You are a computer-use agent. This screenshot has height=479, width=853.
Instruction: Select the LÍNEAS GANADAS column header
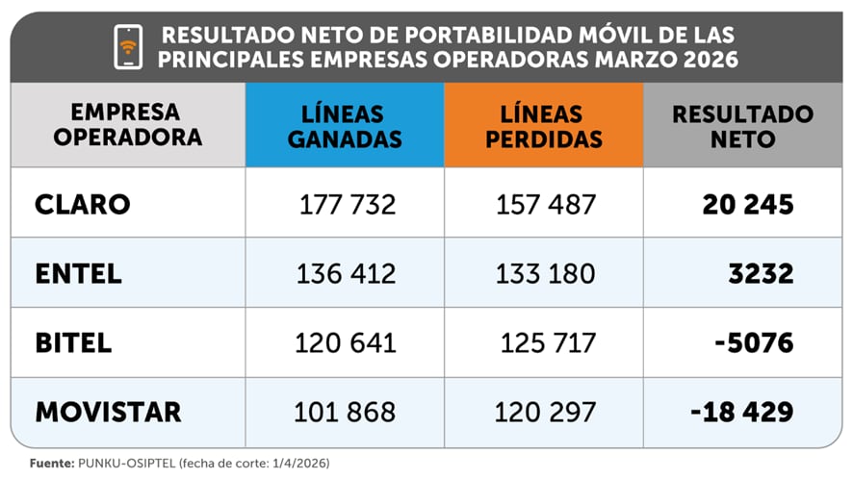pos(345,126)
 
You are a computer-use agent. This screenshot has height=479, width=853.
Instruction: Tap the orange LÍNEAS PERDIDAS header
pos(543,126)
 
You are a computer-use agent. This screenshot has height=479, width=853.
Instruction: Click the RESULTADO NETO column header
pos(742,126)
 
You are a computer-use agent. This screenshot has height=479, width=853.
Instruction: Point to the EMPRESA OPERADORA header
pos(127,124)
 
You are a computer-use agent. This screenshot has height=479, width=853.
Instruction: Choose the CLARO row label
pos(82,204)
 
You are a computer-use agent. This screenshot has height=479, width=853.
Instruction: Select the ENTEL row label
pos(79,273)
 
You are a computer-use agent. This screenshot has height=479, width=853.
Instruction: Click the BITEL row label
pos(74,342)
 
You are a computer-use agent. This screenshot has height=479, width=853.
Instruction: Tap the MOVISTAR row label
pos(108,412)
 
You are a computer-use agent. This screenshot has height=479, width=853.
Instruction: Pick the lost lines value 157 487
pos(546,205)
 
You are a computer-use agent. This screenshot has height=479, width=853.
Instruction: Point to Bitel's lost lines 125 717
pos(548,342)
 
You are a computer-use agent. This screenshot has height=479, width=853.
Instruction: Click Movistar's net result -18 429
pos(741,412)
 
